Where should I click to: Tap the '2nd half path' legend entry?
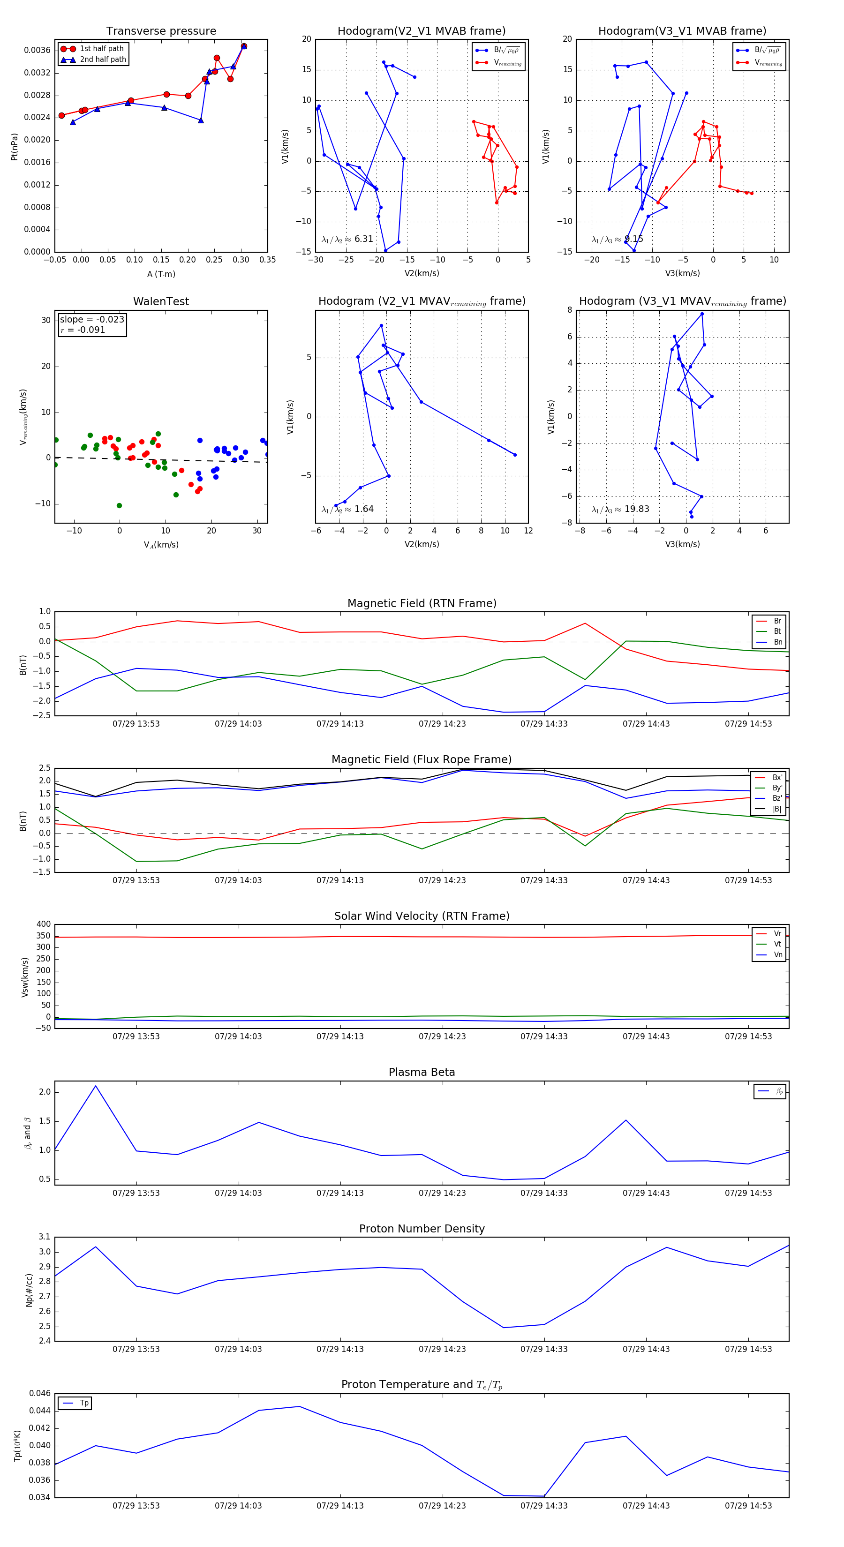103,60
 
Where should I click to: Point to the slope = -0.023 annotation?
92,320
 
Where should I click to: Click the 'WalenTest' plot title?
161,301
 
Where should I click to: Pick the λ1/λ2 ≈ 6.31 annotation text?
347,239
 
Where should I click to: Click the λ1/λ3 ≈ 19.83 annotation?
620,509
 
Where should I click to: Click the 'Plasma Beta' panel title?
422,1073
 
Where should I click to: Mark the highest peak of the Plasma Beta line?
96,1086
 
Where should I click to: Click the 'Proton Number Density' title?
422,1229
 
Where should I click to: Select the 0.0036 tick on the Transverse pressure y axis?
37,51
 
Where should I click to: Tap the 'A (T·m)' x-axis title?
161,274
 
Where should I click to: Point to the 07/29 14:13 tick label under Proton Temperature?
340,1506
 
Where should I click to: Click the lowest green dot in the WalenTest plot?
119,506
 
